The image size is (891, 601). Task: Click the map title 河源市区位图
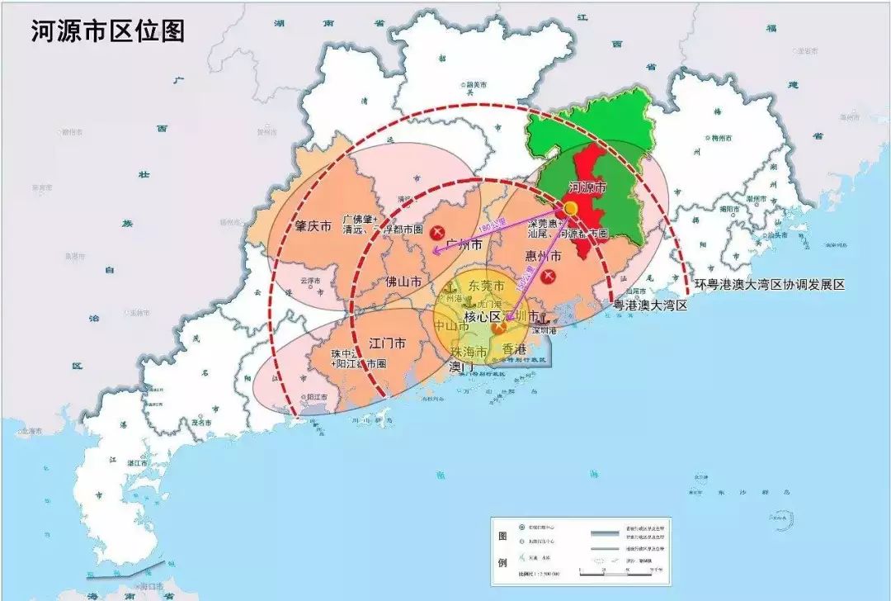pyautogui.click(x=107, y=31)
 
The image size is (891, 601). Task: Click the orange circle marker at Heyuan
pyautogui.click(x=570, y=209)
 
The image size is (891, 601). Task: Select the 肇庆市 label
pyautogui.click(x=313, y=226)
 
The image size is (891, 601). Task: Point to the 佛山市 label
pyautogui.click(x=403, y=282)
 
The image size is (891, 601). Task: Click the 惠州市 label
pyautogui.click(x=543, y=257)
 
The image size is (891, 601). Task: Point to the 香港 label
pyautogui.click(x=514, y=348)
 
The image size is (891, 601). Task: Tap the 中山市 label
pyautogui.click(x=451, y=325)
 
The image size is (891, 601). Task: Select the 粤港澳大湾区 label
pyautogui.click(x=650, y=305)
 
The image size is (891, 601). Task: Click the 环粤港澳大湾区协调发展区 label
pyautogui.click(x=770, y=285)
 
